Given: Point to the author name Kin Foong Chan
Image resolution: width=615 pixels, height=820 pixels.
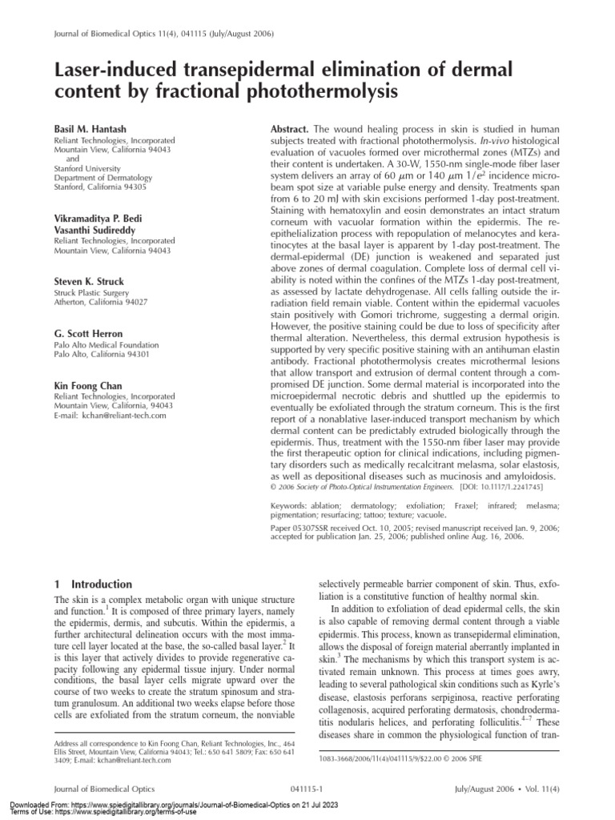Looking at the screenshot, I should point(88,386).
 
